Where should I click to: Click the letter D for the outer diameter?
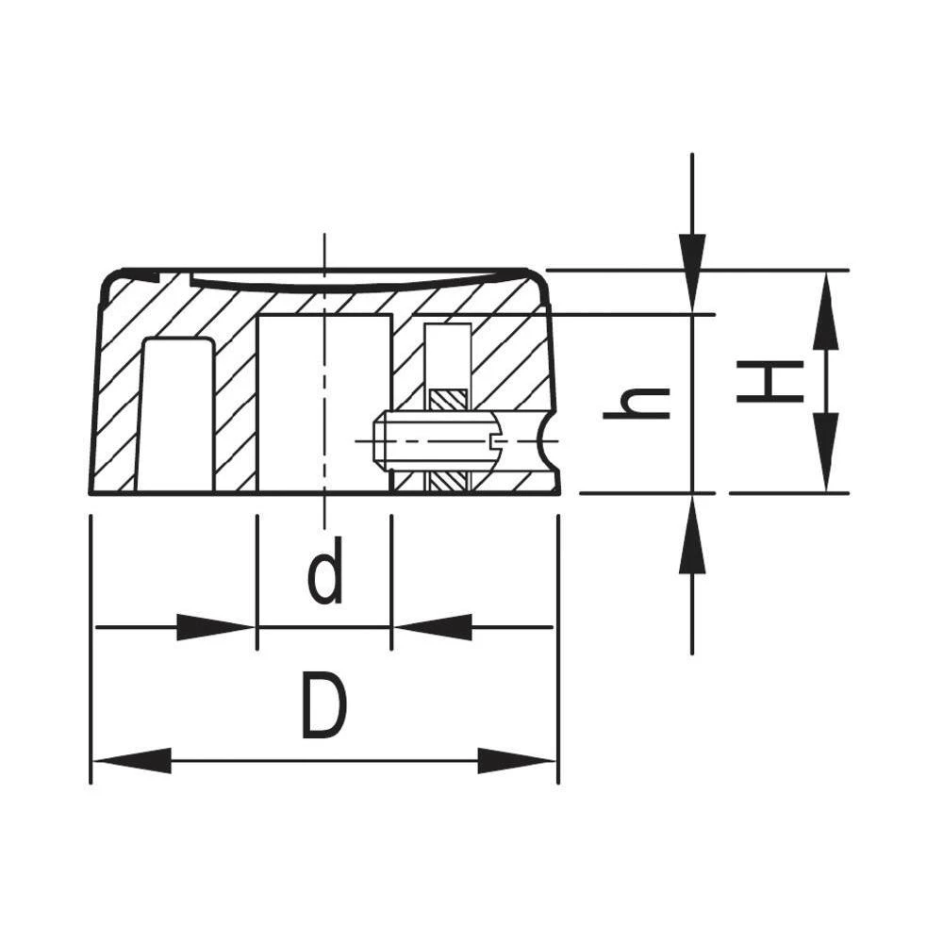(x=323, y=705)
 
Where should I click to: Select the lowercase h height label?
(x=637, y=404)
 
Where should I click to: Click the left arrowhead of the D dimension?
(x=132, y=760)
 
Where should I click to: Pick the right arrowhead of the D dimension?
(x=517, y=760)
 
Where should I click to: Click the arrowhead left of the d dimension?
(x=215, y=627)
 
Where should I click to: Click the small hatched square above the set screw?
(x=448, y=400)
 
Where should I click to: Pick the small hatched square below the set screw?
(x=448, y=482)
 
